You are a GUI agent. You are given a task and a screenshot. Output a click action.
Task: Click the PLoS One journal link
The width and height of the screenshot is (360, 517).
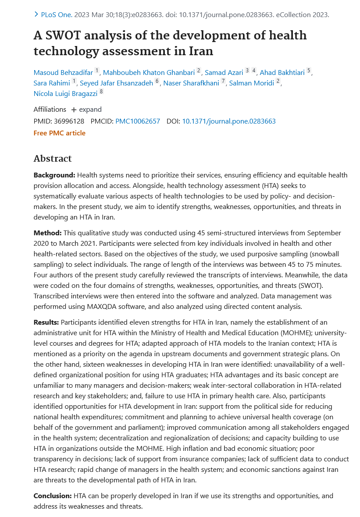[56, 14]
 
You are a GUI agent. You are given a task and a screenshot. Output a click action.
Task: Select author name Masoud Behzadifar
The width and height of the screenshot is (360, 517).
[63, 72]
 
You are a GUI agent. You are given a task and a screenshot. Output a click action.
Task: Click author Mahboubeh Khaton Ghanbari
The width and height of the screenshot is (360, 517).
[149, 72]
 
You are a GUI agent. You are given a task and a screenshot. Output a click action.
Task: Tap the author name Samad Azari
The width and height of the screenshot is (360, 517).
[224, 72]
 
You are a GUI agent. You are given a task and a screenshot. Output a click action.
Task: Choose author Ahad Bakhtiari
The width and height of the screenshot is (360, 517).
[282, 72]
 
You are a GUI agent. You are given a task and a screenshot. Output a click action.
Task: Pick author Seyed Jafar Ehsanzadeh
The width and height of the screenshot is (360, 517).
[116, 83]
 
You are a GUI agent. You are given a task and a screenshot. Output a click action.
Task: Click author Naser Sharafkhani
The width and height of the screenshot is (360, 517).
[191, 83]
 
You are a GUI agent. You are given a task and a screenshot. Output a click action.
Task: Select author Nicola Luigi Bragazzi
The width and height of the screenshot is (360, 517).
[65, 93]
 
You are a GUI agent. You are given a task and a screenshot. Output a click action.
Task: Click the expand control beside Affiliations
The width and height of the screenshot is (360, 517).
[86, 110]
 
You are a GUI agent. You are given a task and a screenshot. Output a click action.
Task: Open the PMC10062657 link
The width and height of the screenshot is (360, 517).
[138, 121]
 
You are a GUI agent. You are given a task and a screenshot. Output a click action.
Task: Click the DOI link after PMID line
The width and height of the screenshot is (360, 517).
[228, 121]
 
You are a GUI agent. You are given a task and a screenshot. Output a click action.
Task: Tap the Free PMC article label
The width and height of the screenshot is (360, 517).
[59, 133]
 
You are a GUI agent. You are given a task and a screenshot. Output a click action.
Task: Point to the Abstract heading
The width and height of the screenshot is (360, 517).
[52, 159]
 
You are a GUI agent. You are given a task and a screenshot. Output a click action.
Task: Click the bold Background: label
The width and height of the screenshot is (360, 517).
[54, 175]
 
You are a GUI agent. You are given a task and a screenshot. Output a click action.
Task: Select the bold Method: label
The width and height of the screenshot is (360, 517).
[47, 233]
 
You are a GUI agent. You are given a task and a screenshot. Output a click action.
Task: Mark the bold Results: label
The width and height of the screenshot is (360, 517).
[46, 322]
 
